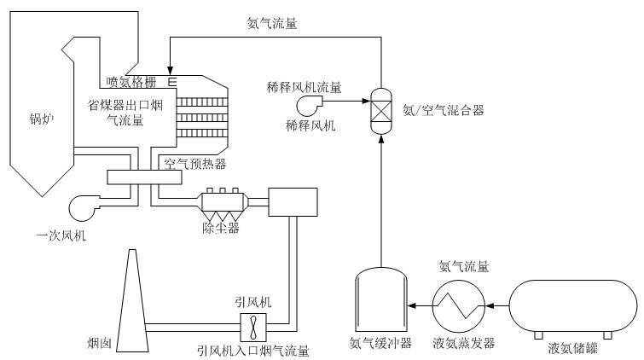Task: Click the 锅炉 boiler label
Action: coord(42,119)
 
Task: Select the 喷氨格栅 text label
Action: coord(131,82)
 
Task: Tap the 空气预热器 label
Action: coord(195,164)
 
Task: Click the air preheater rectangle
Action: coord(144,177)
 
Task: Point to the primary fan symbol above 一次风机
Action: coord(84,207)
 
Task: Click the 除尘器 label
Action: coord(221,228)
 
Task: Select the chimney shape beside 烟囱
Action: coord(132,300)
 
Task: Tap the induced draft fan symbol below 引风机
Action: coord(253,327)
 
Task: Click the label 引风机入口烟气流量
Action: coord(253,351)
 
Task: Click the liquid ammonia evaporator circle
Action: coord(458,306)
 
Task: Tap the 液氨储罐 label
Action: coord(572,349)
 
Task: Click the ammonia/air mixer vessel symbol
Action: coord(381,111)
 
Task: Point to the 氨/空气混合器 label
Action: coord(444,110)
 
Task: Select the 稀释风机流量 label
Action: coord(304,87)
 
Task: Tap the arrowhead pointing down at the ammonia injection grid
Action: coord(170,71)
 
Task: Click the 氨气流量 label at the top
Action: coord(272,23)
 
